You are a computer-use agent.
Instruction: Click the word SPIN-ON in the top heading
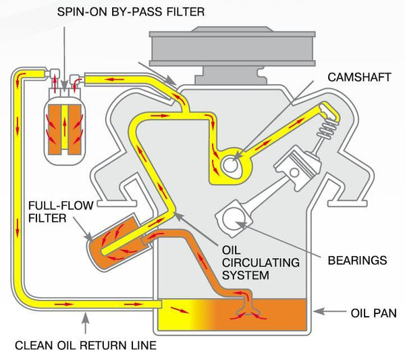[x=79, y=12]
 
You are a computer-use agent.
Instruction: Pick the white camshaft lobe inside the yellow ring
[x=230, y=162]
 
